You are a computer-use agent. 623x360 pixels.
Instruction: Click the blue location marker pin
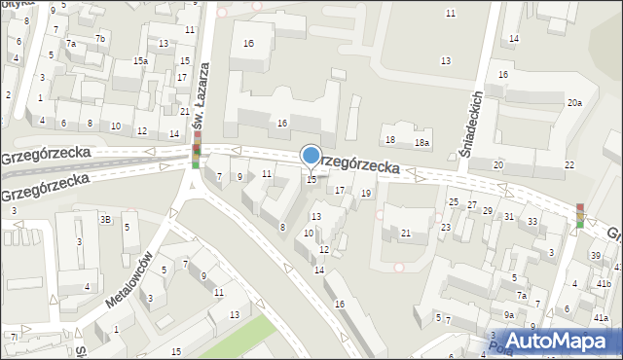coord(311,156)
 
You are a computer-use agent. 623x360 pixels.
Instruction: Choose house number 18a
coord(421,143)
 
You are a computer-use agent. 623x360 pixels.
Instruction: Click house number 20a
coord(575,103)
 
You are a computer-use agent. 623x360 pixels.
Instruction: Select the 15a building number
coord(141,61)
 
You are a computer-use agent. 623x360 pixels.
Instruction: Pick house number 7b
coord(100,38)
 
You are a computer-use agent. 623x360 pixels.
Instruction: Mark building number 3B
coord(104,220)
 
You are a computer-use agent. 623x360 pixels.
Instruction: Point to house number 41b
coord(605,283)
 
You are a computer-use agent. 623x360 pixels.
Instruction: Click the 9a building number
coord(508,315)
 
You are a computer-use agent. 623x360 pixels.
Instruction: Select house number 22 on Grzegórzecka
coord(568,165)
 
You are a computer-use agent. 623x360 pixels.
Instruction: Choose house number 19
coord(365,194)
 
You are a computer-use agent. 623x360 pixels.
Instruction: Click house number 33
coord(532,222)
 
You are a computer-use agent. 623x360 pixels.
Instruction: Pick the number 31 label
coord(509,216)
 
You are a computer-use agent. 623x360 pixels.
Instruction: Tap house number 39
coord(596,255)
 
